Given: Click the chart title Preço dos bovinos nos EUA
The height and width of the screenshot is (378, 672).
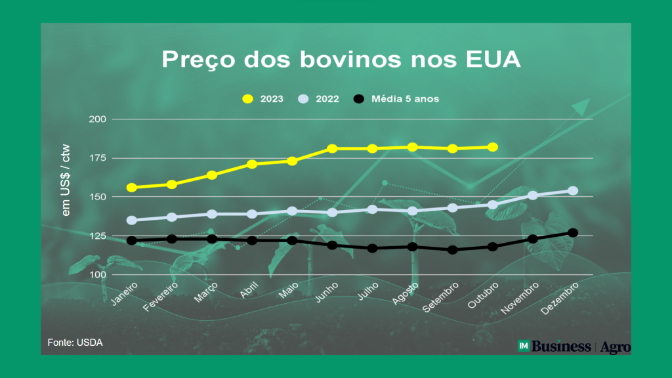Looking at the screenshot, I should [x=341, y=60].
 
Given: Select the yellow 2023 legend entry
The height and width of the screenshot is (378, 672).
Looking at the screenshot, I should [x=262, y=99].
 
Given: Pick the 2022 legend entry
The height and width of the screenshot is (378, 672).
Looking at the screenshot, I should [x=319, y=99].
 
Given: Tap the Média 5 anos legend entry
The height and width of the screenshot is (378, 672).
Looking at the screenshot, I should [x=397, y=99].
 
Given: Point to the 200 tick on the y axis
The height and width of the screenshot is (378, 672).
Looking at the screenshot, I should [x=98, y=119].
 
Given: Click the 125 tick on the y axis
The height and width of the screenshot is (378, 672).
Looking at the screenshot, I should [x=98, y=236].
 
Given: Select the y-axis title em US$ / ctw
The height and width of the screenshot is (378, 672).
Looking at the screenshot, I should [x=66, y=180].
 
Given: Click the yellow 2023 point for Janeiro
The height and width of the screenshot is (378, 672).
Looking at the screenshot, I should [x=131, y=188].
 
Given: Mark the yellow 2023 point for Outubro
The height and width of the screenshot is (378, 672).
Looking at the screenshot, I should [x=493, y=147].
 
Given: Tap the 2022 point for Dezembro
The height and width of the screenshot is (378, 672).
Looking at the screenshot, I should [x=573, y=191].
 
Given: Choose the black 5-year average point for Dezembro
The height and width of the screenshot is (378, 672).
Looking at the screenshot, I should [x=573, y=232].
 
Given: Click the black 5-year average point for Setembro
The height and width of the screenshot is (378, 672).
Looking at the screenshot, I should [x=452, y=250].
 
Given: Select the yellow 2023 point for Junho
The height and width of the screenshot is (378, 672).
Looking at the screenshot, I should [x=332, y=149].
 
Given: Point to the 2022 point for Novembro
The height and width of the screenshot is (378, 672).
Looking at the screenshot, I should [x=533, y=196].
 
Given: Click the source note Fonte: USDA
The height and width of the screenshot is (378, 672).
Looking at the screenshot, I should [x=75, y=343].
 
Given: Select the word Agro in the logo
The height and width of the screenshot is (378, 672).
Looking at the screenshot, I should [x=616, y=346].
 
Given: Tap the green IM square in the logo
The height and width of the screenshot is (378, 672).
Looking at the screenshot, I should [x=524, y=346].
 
